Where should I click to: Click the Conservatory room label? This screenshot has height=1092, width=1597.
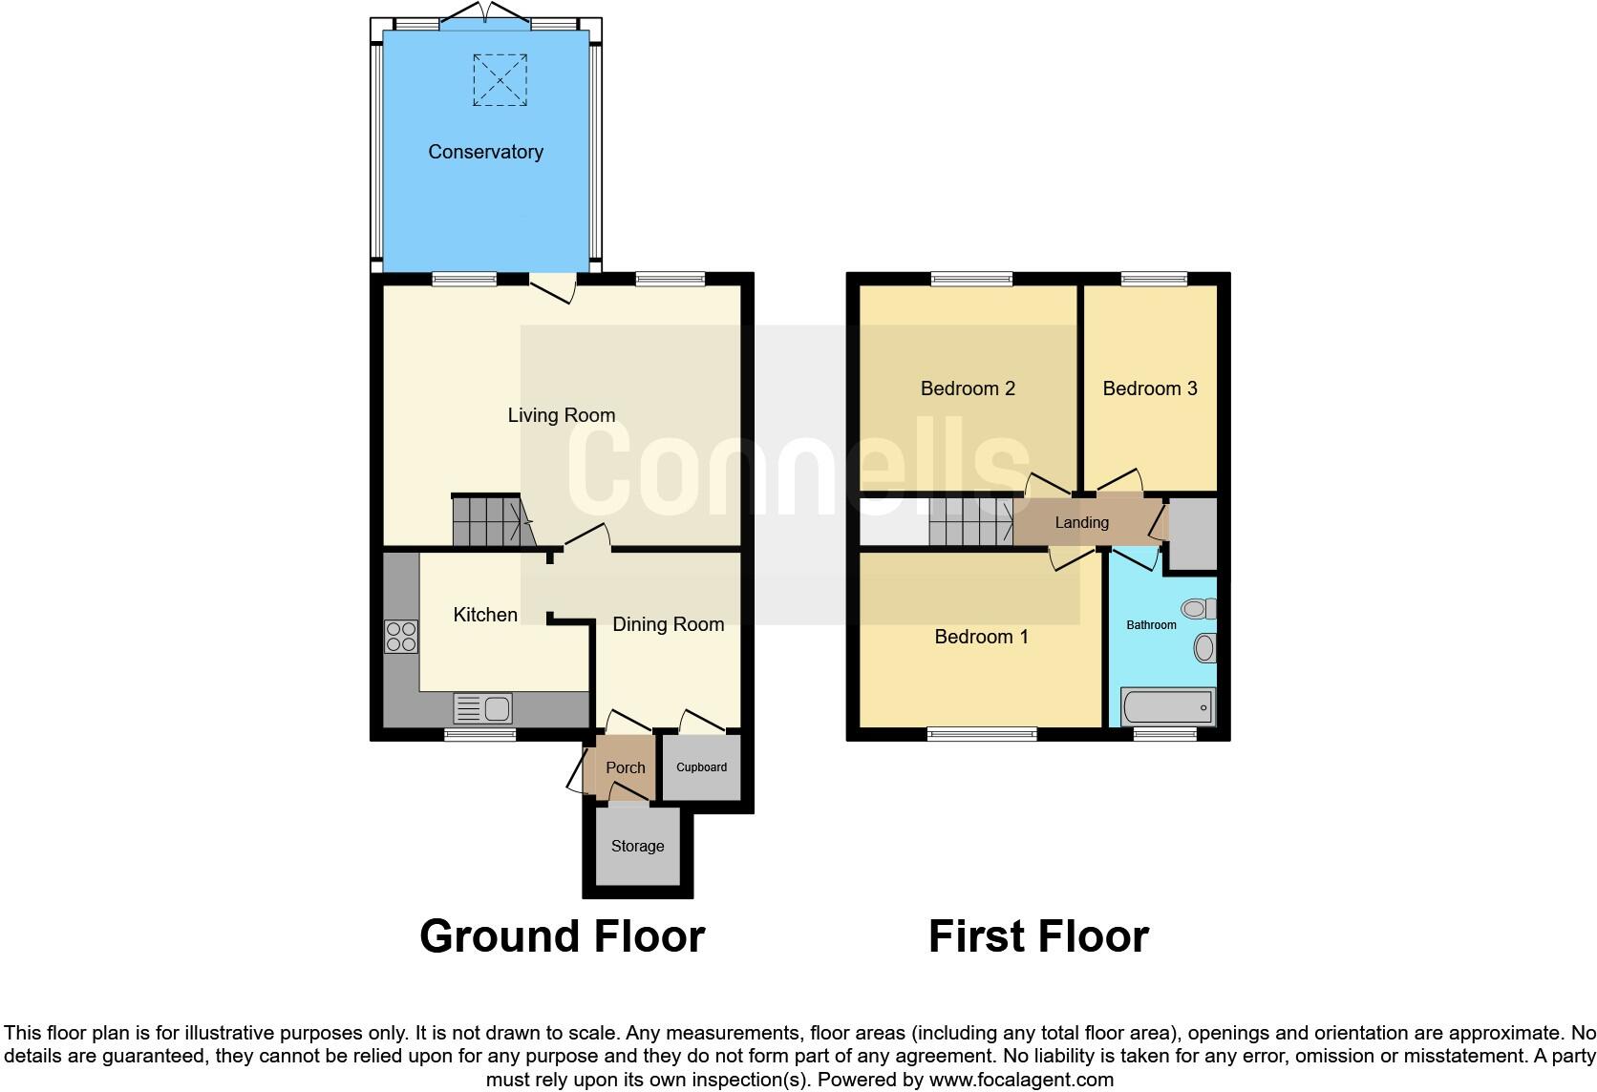point(485,152)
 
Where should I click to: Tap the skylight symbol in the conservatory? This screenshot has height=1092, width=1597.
point(500,79)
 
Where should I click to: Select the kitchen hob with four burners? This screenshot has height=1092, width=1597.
point(401,637)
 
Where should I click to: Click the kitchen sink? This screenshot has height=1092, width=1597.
point(484,708)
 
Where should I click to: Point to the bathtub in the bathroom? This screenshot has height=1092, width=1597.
point(1168,707)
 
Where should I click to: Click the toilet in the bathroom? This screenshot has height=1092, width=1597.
point(1198,608)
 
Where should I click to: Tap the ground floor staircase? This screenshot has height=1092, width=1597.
point(489,521)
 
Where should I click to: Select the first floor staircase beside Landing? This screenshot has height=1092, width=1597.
point(970,522)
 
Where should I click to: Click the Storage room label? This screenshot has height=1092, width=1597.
point(637,846)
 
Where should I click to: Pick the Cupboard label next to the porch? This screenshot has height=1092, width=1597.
point(701,767)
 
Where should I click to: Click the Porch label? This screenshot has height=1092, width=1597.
point(626,767)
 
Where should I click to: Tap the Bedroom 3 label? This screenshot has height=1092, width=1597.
point(1149,388)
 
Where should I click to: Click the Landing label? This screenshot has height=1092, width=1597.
point(1081,522)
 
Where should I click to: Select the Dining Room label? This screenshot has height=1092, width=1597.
point(668,624)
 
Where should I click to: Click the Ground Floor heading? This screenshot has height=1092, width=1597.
point(562,936)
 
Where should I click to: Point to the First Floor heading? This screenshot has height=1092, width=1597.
point(1038,936)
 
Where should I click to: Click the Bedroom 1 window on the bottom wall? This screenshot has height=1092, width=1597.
point(982,734)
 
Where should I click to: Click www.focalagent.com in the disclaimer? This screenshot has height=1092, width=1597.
point(1020,1080)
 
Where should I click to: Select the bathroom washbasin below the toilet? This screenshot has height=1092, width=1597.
point(1204,649)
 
